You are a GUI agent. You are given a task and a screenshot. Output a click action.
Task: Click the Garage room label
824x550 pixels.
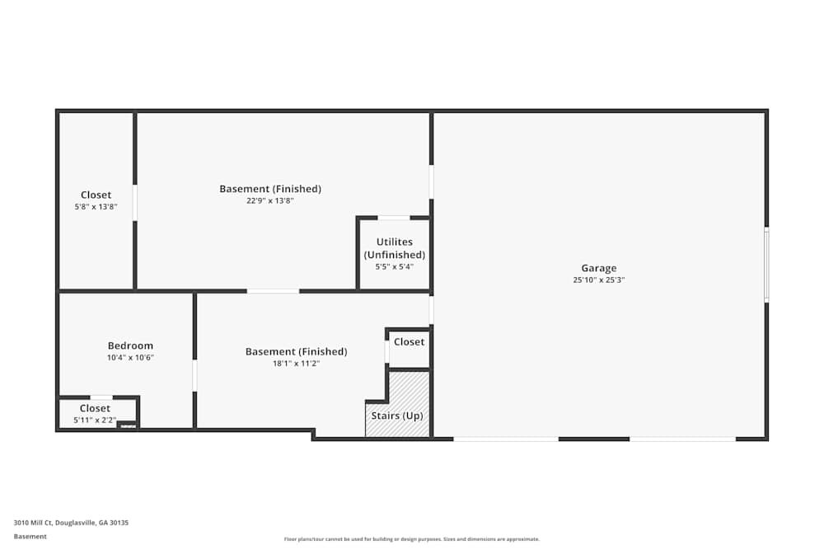[598, 268]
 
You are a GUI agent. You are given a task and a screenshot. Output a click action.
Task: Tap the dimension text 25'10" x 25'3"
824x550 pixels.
[598, 280]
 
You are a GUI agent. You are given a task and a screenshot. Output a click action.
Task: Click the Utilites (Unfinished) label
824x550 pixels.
[395, 248]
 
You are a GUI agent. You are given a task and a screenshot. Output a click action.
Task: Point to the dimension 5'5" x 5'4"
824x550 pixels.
[395, 267]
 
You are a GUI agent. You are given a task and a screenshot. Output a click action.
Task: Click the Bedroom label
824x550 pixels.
[130, 346]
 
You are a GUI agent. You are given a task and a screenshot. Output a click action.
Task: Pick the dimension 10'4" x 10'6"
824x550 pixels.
[130, 358]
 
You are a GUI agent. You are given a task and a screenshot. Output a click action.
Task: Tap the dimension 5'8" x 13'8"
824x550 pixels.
[96, 207]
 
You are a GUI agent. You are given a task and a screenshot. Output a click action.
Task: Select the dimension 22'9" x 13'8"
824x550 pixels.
[269, 200]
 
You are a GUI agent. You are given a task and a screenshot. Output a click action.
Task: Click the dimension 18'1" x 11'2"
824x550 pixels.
[296, 363]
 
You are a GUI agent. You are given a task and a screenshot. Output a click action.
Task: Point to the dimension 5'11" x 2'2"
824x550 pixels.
[95, 421]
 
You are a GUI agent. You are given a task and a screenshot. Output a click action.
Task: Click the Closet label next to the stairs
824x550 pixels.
[409, 342]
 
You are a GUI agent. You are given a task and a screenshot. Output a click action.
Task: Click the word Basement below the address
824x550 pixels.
[30, 536]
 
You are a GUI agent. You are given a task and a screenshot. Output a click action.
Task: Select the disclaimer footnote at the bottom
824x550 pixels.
[412, 539]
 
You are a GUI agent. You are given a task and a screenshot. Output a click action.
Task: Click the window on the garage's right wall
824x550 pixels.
[766, 265]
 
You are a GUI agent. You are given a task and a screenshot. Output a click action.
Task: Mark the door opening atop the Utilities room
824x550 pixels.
[394, 218]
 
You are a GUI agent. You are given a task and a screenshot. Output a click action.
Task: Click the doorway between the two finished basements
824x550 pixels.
[273, 291]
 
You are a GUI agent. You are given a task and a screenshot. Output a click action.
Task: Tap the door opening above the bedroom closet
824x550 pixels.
[101, 397]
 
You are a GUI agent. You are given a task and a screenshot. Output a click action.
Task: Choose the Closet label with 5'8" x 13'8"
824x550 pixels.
[96, 195]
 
